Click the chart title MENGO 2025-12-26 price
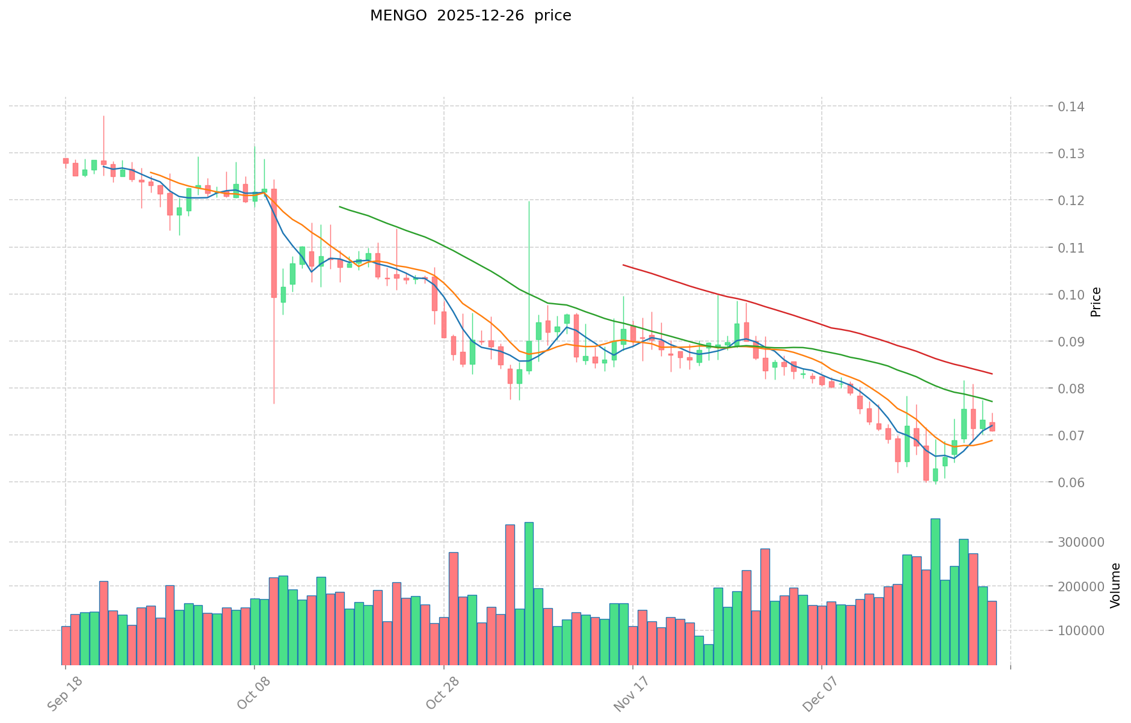click(x=470, y=16)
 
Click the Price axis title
click(x=1096, y=302)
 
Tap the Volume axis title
click(x=1115, y=585)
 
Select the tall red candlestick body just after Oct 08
click(x=274, y=243)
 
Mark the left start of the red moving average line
click(x=623, y=265)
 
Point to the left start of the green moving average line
click(x=340, y=207)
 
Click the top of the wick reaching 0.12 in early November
click(x=529, y=202)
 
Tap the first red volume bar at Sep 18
click(x=66, y=645)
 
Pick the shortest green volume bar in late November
click(x=709, y=654)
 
